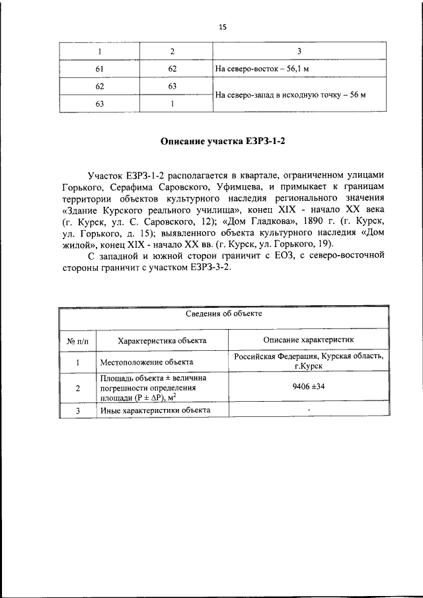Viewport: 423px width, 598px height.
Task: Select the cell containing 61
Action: point(100,69)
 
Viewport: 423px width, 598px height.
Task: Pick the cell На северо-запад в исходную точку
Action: point(291,94)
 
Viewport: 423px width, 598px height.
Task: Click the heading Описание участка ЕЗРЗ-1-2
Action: point(224,142)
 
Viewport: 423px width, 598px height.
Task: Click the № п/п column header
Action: point(77,341)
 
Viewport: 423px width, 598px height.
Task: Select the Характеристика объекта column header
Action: point(162,341)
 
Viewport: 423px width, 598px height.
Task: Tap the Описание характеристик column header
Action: point(308,340)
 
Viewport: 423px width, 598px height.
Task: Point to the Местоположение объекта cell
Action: point(147,362)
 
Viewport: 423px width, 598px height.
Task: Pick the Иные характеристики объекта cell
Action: point(155,410)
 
